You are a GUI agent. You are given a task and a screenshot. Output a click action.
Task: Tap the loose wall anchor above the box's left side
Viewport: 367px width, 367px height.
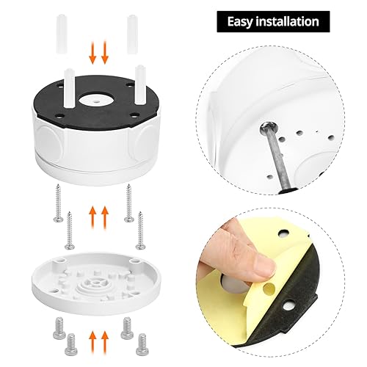click(61, 34)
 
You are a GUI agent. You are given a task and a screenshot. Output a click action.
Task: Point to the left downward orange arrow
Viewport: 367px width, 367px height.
click(92, 52)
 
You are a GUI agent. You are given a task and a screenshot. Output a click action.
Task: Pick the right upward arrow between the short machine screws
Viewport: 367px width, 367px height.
click(105, 341)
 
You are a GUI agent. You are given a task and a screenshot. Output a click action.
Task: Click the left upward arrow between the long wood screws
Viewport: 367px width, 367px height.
click(92, 217)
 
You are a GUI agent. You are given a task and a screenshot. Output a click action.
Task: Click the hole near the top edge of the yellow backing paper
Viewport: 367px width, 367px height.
click(283, 233)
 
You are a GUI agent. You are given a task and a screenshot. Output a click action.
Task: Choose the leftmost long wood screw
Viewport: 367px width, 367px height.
click(58, 203)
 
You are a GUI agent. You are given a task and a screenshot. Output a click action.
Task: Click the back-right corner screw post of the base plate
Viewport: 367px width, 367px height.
click(134, 261)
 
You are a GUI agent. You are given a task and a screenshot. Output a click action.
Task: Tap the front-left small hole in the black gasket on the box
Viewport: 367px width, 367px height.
click(59, 117)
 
